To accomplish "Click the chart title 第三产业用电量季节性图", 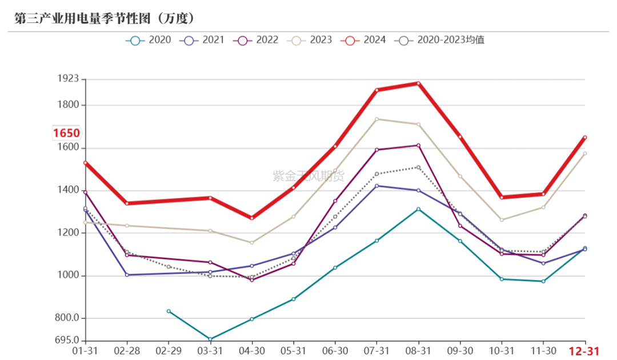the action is coord(82,18).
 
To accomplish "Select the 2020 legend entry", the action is coord(149,40).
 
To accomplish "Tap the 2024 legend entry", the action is coord(363,40).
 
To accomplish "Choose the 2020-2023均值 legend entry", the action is coord(439,40).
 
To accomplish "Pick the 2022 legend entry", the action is coord(256,40).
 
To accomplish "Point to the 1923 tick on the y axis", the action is coord(68,79).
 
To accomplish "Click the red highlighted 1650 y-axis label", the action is coord(66,133).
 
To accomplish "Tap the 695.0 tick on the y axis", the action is coord(67,341).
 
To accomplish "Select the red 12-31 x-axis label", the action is coord(584,351).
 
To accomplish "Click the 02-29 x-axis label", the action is coord(169,350).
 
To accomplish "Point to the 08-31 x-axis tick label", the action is coord(418,350).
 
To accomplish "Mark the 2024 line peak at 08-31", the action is coord(418,83).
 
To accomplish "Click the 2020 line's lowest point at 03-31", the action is coord(210,339).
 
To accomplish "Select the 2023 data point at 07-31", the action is coord(376,119).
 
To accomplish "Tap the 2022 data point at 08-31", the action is coord(418,146).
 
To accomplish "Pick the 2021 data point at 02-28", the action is coord(127,275).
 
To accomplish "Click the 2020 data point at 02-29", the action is coord(169,311).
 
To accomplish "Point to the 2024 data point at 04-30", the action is coord(252,218).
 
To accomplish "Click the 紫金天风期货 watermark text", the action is coord(308,176).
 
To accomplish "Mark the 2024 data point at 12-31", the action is coord(585,138).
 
